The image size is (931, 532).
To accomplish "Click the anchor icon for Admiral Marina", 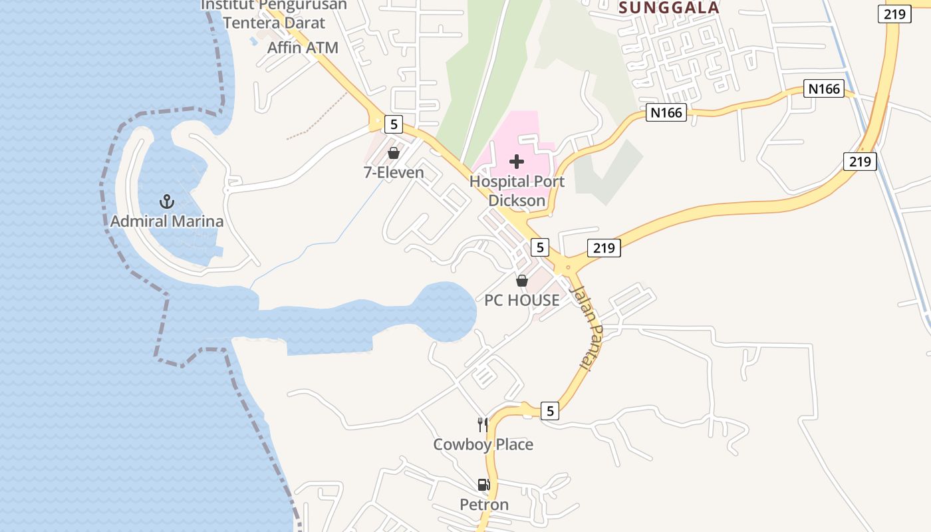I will [166, 201].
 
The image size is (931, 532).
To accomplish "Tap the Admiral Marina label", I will [167, 221].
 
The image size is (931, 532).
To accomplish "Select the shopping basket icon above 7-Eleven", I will [394, 154].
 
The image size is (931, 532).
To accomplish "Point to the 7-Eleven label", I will [394, 173].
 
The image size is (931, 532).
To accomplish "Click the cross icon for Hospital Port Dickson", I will [517, 162].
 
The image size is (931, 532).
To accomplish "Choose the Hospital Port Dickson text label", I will [517, 191].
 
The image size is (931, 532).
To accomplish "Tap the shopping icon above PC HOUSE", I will [522, 281].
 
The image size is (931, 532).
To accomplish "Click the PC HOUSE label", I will [522, 301].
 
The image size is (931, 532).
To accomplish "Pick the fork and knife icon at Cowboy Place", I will [483, 424].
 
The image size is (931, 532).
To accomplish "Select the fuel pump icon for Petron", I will [483, 485].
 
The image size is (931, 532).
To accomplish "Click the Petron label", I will [484, 505].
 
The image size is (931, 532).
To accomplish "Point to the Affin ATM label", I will [303, 48].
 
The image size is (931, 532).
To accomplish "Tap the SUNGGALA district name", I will [669, 8].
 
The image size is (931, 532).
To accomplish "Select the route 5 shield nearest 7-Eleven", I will [394, 124].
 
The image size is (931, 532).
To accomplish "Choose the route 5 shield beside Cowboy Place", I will [549, 411].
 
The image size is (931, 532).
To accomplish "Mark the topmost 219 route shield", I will [894, 14].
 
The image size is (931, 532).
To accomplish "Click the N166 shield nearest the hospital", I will [666, 112].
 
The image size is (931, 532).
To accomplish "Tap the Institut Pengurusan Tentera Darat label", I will [274, 13].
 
